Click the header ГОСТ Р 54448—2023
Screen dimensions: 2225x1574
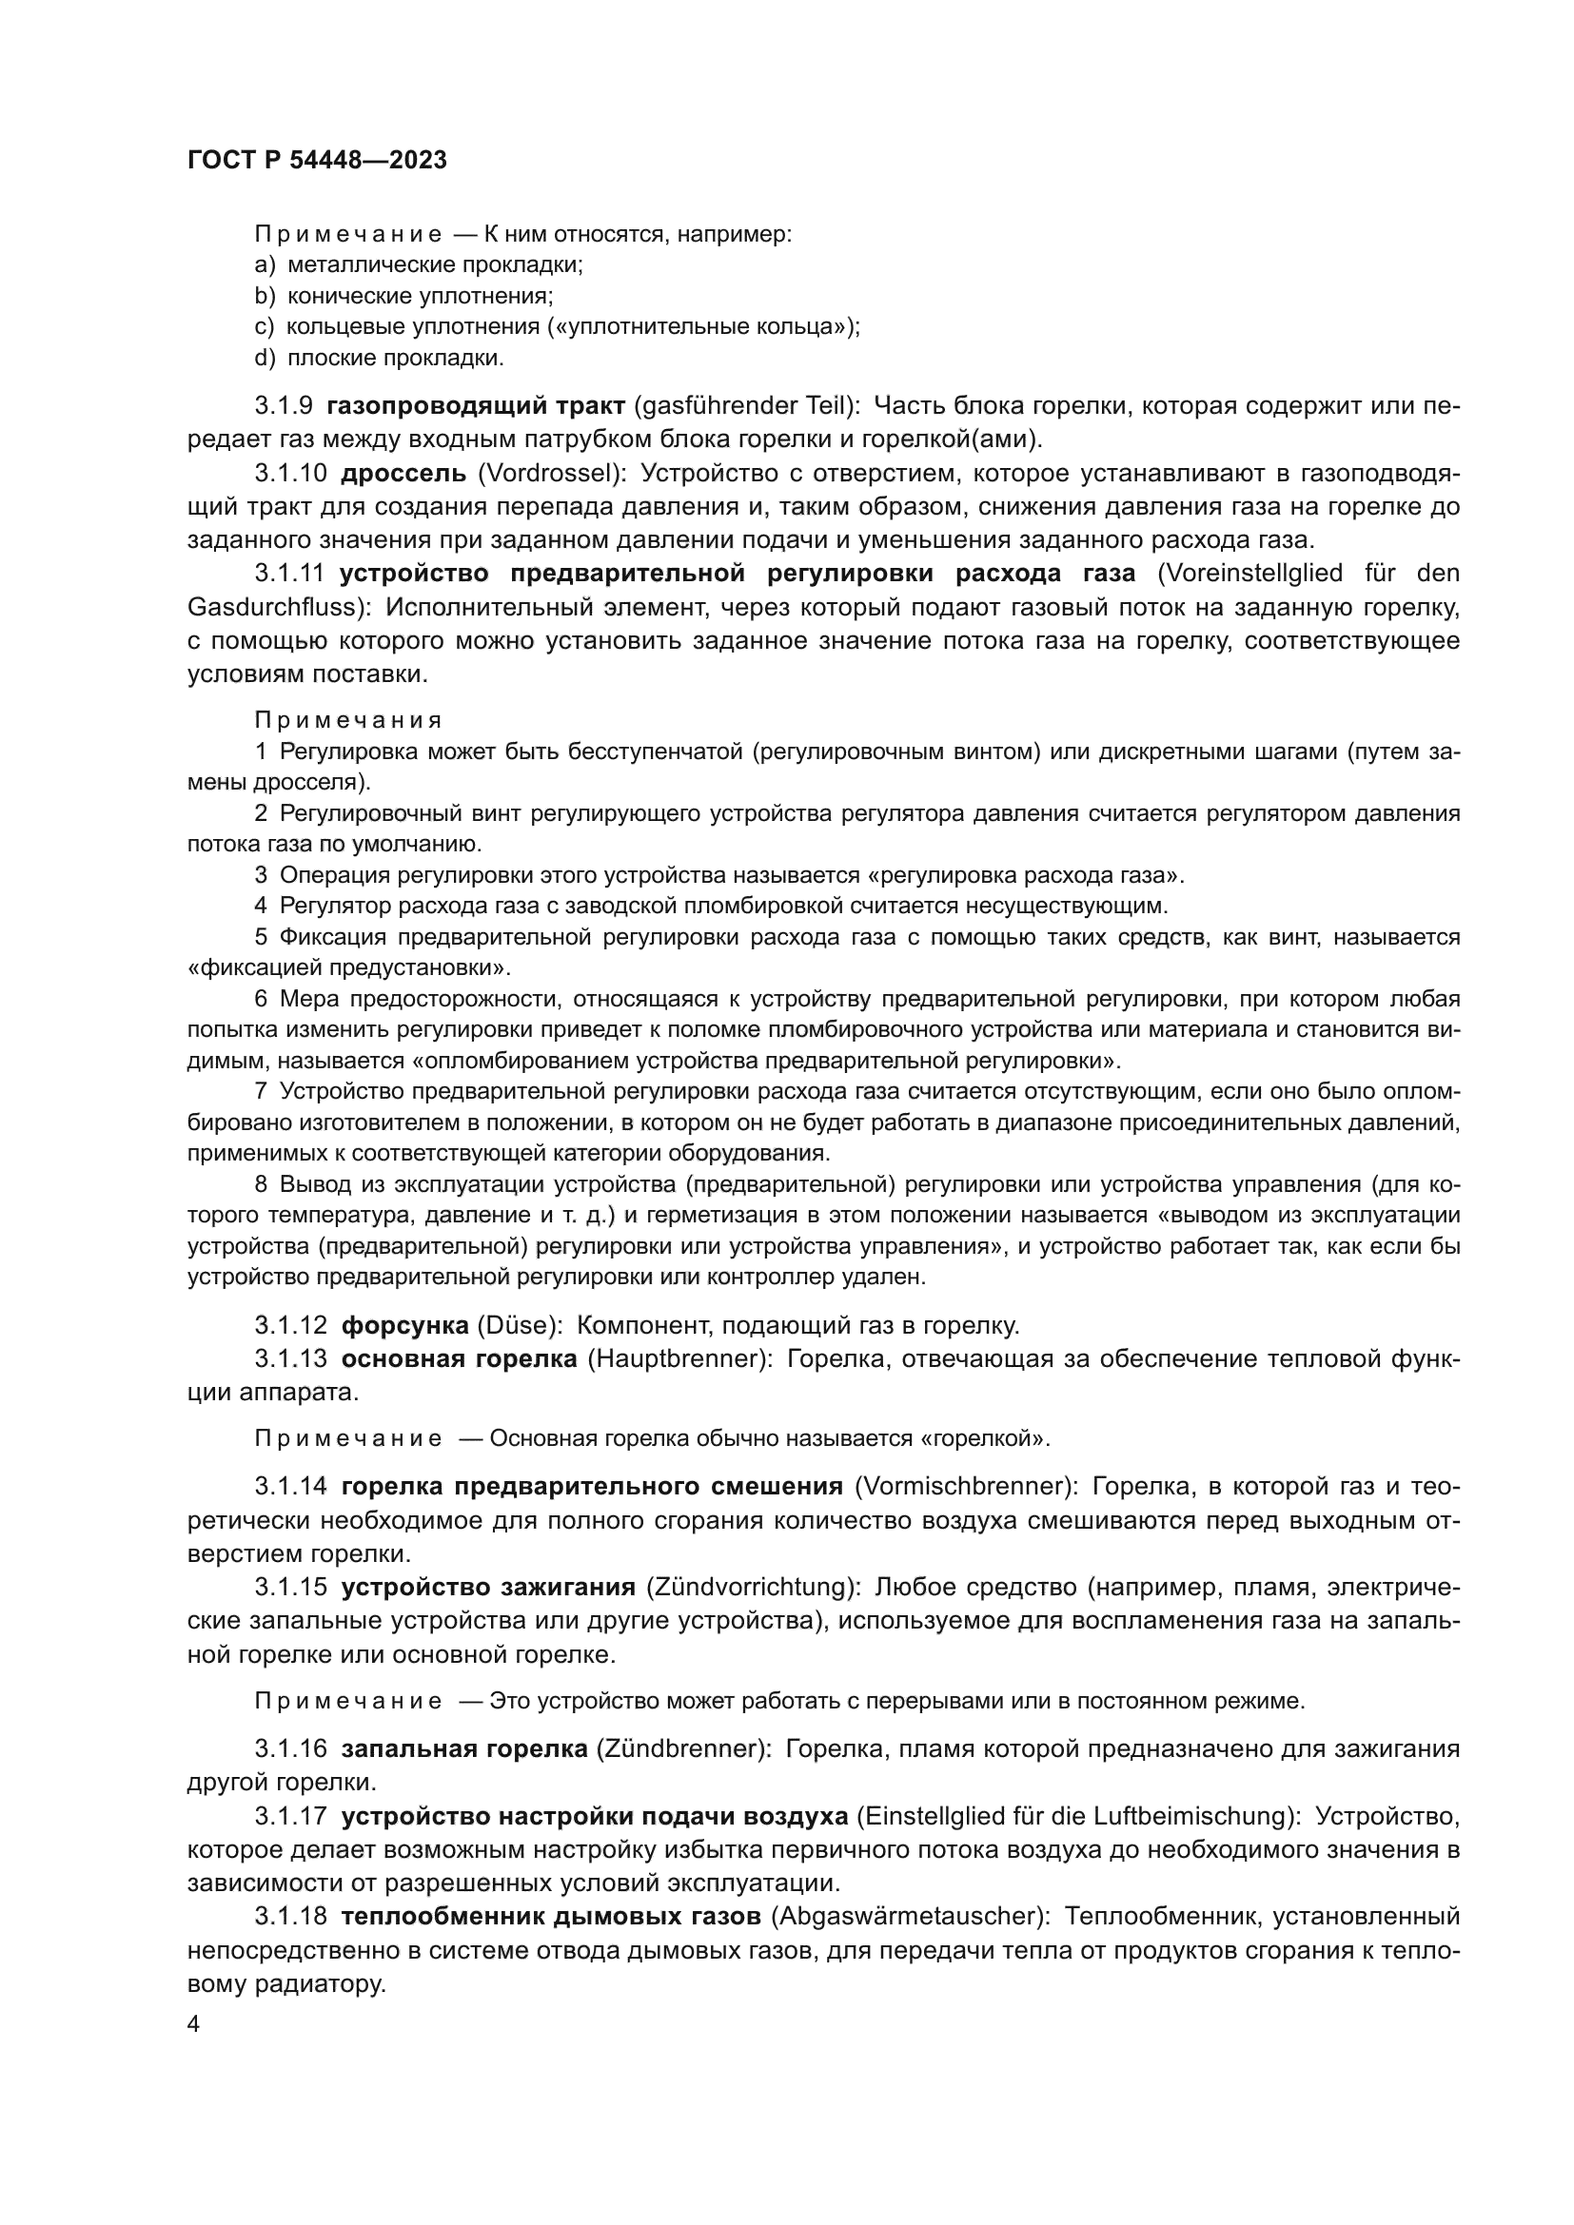pyautogui.click(x=317, y=161)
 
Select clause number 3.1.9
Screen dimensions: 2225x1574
pyautogui.click(x=284, y=406)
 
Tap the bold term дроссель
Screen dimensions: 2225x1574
pyautogui.click(x=403, y=474)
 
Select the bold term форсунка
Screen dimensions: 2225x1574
pyautogui.click(x=404, y=1325)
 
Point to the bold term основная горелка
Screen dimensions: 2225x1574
pyautogui.click(x=459, y=1358)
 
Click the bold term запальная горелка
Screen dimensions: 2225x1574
pyautogui.click(x=464, y=1748)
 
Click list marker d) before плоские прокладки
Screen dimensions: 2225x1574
pyautogui.click(x=265, y=358)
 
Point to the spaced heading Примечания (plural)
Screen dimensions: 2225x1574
pyautogui.click(x=348, y=720)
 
